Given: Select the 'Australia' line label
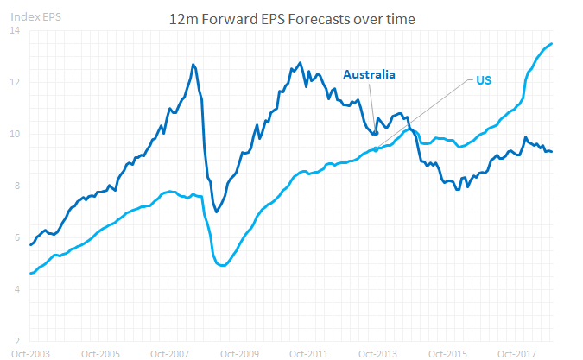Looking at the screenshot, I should [369, 74].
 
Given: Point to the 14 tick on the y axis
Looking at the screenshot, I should [16, 31].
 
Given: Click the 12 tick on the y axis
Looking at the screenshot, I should [16, 83].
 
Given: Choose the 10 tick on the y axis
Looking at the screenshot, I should [16, 135].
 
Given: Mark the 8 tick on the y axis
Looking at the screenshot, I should [17, 186].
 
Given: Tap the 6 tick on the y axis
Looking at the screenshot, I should [17, 237].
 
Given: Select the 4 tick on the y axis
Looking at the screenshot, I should [17, 289].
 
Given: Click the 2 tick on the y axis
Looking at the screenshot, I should [17, 341].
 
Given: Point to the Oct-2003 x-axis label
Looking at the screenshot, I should [30, 353].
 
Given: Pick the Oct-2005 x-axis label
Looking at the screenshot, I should [100, 353].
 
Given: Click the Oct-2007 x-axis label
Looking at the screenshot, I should [169, 353].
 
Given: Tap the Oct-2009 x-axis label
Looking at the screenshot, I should [239, 353].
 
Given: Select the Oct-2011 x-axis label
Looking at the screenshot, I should [308, 353].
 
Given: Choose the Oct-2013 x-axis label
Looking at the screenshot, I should [378, 353].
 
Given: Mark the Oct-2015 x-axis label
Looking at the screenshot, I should [447, 353].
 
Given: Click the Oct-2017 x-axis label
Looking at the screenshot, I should [516, 353].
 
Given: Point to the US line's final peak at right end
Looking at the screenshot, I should [552, 44].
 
